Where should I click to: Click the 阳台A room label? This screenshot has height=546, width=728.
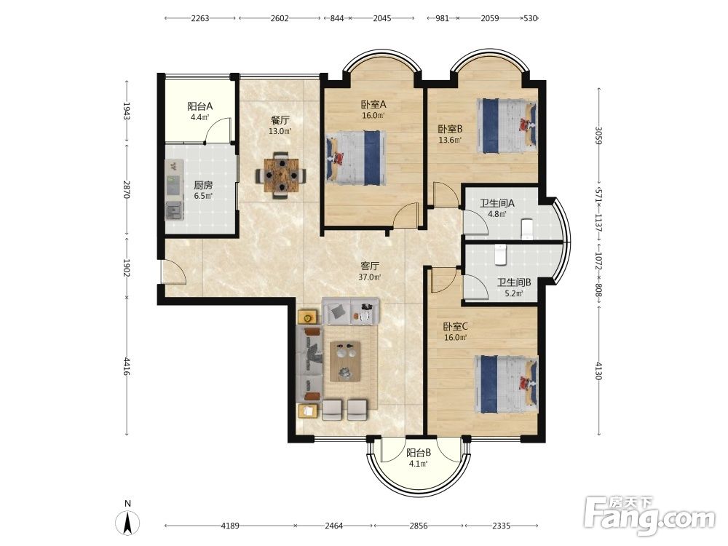(x=200, y=106)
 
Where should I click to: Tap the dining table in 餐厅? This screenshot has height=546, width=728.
(x=280, y=175)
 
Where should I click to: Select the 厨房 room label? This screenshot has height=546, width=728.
(x=203, y=185)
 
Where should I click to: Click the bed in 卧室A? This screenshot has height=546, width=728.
(x=357, y=155)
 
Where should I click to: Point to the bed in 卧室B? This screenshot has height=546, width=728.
(x=507, y=125)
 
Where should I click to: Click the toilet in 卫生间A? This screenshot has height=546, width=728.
(x=527, y=229)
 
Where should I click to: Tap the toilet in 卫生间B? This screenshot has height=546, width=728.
(x=500, y=255)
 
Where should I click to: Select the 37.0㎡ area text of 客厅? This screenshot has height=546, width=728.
(x=370, y=277)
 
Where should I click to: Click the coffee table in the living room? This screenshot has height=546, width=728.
(x=345, y=361)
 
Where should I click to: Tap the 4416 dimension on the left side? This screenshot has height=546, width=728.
(x=127, y=367)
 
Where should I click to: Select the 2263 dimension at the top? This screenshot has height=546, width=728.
(x=200, y=19)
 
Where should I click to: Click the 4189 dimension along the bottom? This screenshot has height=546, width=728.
(x=230, y=526)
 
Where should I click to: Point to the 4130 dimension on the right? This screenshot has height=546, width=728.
(x=598, y=371)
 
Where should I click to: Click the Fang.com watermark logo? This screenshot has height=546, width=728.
(x=649, y=515)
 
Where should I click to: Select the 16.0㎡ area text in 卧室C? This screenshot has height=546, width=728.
(x=455, y=338)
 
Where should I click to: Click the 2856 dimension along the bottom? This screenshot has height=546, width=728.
(x=418, y=526)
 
